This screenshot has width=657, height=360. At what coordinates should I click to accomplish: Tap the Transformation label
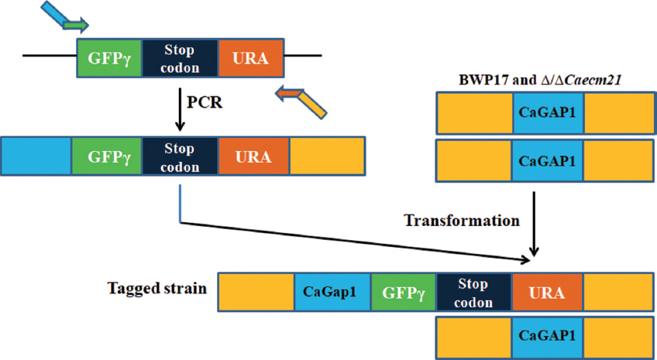462,221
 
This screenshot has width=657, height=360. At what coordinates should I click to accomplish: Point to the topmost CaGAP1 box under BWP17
548,113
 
